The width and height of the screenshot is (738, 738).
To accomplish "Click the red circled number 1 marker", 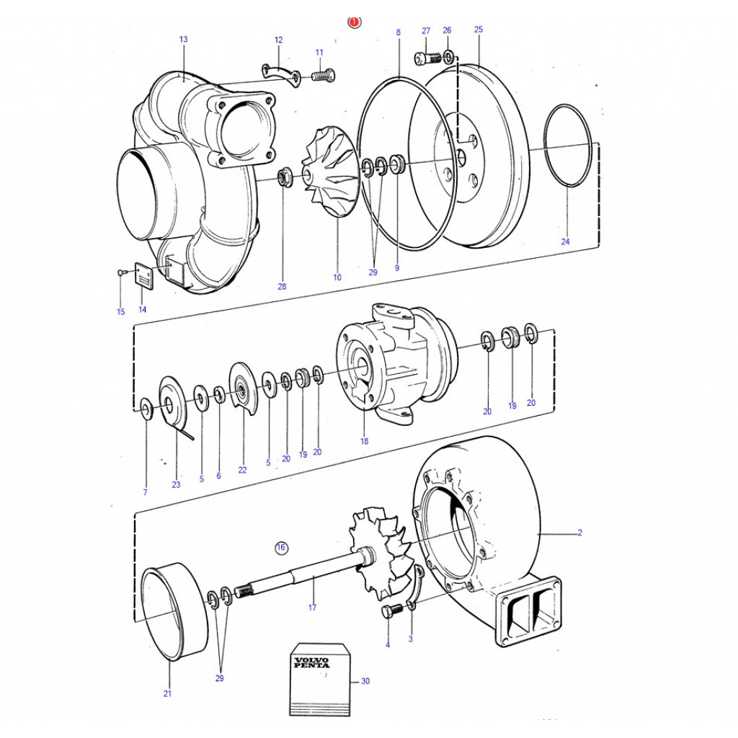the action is point(354,22).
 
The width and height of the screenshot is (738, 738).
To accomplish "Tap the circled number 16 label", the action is point(281,548).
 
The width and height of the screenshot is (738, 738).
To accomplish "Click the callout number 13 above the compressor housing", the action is point(184,39).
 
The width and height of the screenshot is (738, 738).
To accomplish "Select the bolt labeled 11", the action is point(323,75).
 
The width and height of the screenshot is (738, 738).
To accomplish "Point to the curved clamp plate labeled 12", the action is point(281,74).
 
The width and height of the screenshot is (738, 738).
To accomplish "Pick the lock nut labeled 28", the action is point(284,176).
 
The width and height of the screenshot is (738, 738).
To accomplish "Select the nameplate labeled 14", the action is point(143,274).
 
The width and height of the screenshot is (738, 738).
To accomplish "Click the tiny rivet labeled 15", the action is point(120,272).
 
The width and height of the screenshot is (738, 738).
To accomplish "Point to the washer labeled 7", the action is point(145,408).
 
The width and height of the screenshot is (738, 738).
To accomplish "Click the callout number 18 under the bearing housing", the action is point(364,442).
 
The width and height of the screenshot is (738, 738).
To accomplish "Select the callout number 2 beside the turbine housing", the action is point(580,533).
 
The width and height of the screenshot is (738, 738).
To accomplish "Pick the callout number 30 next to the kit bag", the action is point(365,681).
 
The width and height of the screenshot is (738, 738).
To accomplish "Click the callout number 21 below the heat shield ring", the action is point(167,693).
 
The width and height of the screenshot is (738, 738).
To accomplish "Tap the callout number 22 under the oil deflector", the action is point(242,470).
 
